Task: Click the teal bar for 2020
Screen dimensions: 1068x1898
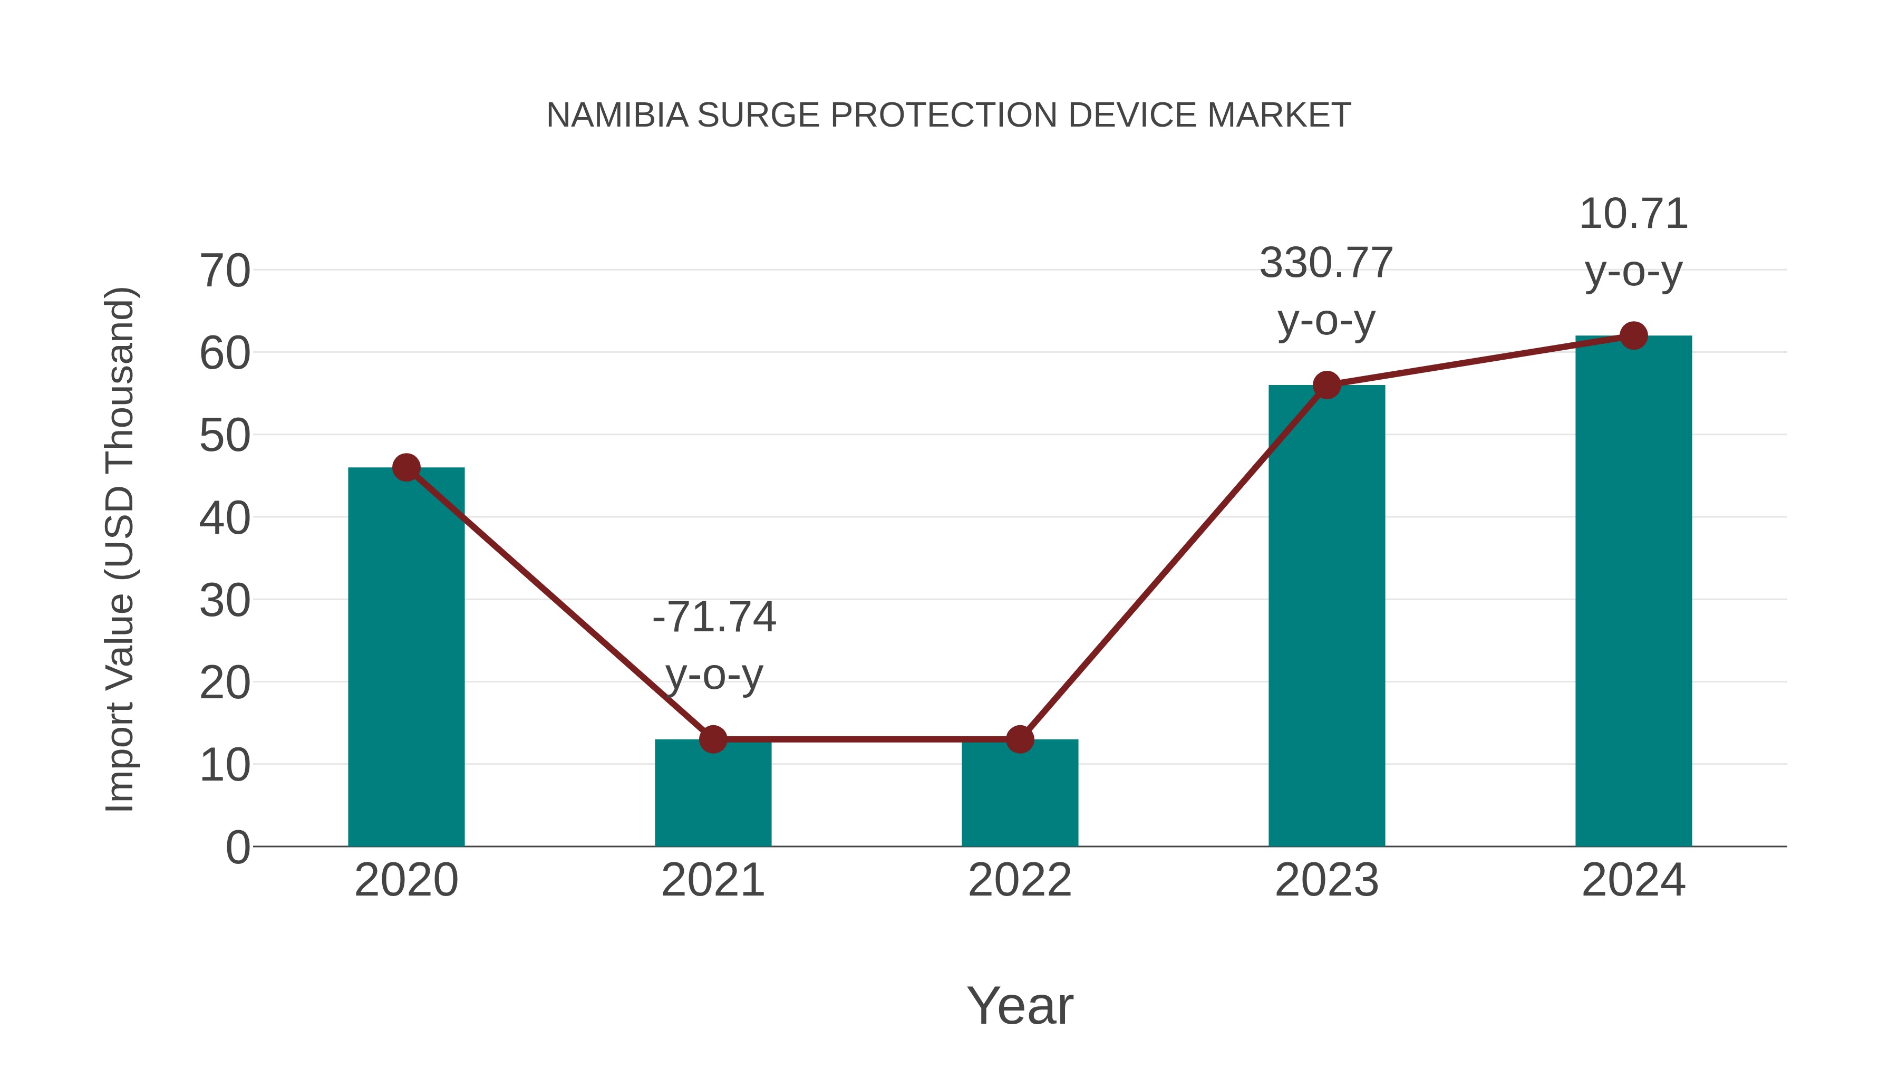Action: pyautogui.click(x=406, y=656)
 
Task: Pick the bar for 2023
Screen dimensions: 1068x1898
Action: pyautogui.click(x=1326, y=615)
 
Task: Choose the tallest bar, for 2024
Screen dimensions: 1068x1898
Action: pyautogui.click(x=1633, y=590)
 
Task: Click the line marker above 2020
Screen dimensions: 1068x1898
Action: pyautogui.click(x=406, y=467)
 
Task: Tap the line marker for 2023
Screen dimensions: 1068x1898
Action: pyautogui.click(x=1326, y=385)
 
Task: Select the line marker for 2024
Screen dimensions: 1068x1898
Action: pyautogui.click(x=1633, y=335)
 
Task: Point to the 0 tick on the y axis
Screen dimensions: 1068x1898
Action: pyautogui.click(x=237, y=848)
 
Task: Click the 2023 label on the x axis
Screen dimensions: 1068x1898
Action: pyautogui.click(x=1326, y=880)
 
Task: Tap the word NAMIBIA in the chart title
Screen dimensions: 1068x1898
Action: pyautogui.click(x=617, y=115)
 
